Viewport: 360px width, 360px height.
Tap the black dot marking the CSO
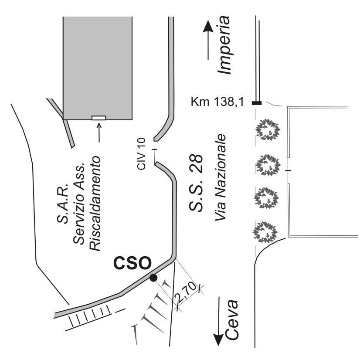(153, 278)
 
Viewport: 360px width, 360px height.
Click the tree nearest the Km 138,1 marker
(267, 129)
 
